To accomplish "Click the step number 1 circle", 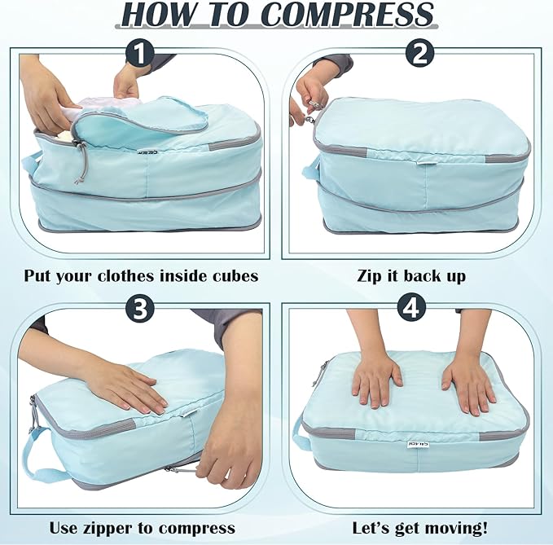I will (141, 55).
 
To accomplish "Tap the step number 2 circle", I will (419, 55).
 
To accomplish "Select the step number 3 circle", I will (141, 309).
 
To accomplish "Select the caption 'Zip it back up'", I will (411, 276).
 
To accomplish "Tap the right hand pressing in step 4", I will (468, 383).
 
